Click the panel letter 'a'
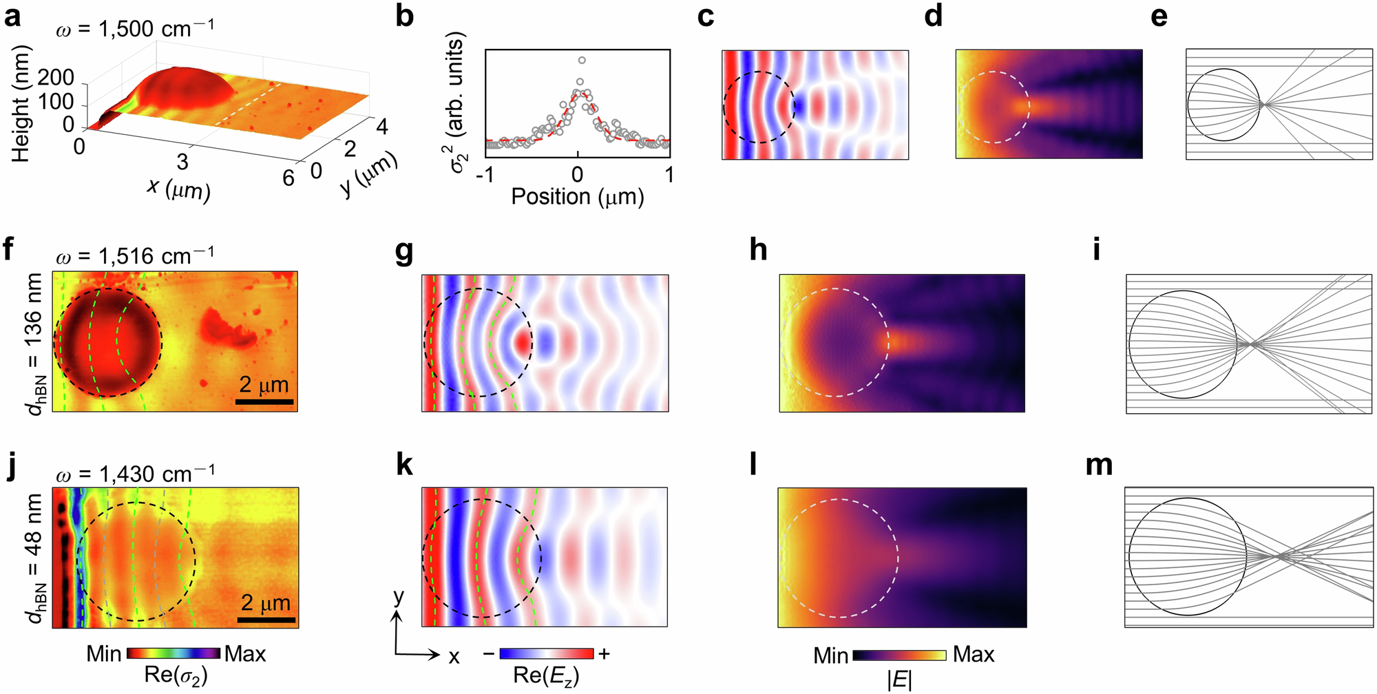point(12,17)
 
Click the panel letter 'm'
point(1099,466)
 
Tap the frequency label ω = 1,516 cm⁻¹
point(135,256)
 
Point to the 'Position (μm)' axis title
point(577,197)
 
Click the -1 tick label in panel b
point(485,175)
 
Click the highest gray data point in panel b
point(582,61)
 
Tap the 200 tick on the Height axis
point(56,77)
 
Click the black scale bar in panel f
point(266,401)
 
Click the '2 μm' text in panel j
point(266,603)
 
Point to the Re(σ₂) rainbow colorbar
point(174,653)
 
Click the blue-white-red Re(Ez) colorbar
point(547,653)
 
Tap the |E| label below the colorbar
point(899,680)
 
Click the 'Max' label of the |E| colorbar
point(974,654)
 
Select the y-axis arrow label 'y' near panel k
point(399,596)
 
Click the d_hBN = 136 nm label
point(34,344)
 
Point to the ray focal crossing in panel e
point(1262,105)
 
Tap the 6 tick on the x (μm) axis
point(288,178)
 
